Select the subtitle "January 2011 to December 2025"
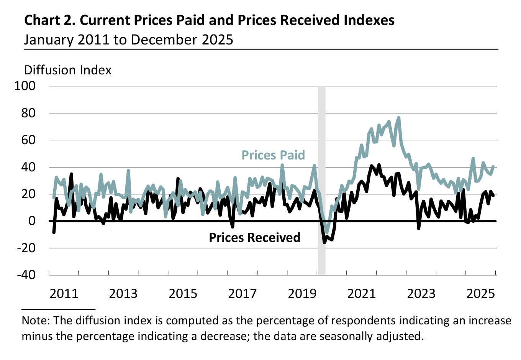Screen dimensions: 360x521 coord(128,40)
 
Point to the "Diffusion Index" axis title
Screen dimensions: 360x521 coord(68,70)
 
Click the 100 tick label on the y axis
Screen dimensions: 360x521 coord(25,86)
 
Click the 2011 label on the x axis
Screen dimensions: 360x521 coord(64,294)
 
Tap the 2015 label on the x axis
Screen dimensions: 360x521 coord(183,294)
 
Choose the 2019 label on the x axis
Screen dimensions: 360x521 coord(302,294)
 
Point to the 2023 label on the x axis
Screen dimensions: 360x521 coord(421,294)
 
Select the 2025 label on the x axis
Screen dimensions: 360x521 coord(481,294)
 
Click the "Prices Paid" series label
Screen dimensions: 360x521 coord(273,155)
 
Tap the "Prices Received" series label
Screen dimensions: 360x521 coord(254,238)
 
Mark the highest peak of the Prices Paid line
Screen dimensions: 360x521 coord(399,118)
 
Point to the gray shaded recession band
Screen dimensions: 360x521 coord(322,153)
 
